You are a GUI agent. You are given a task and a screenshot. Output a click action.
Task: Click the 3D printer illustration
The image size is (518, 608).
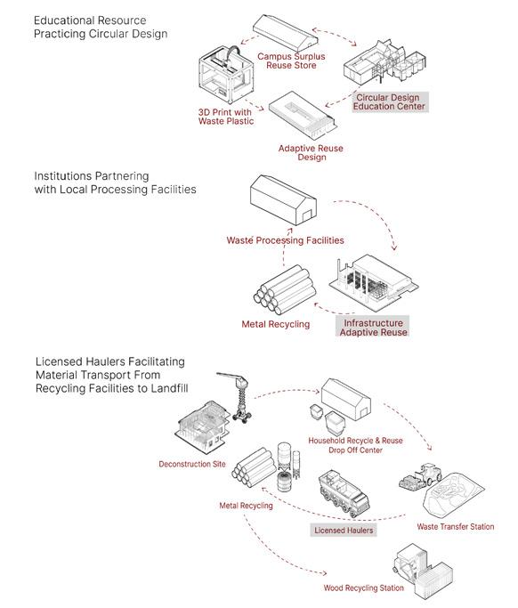pyautogui.click(x=226, y=76)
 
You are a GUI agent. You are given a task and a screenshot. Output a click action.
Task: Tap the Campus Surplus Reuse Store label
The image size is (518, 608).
pyautogui.click(x=291, y=61)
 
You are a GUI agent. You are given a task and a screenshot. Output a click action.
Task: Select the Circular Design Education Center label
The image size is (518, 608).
pyautogui.click(x=389, y=102)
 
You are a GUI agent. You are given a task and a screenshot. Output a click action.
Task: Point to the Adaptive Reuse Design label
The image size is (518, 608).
pyautogui.click(x=311, y=153)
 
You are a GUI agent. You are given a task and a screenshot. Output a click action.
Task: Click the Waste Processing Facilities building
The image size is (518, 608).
pyautogui.click(x=283, y=200)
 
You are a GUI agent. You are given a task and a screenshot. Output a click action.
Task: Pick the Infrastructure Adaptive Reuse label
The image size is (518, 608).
pyautogui.click(x=373, y=328)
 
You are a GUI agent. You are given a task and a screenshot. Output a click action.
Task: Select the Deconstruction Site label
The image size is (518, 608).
pyautogui.click(x=192, y=464)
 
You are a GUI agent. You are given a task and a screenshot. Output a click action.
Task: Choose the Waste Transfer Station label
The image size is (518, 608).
pyautogui.click(x=456, y=527)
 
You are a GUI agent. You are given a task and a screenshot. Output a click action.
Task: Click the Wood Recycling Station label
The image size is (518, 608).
pyautogui.click(x=364, y=588)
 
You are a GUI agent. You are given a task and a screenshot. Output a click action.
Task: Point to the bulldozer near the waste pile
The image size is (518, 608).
pyautogui.click(x=421, y=476)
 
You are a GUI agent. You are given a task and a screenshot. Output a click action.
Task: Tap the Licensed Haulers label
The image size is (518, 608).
pyautogui.click(x=344, y=530)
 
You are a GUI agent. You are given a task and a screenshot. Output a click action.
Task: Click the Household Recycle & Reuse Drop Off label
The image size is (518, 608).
pyautogui.click(x=355, y=445)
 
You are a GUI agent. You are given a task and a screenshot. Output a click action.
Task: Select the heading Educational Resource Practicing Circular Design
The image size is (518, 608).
pyautogui.click(x=101, y=27)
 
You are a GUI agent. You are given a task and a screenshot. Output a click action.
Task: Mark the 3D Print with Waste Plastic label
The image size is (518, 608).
pyautogui.click(x=226, y=117)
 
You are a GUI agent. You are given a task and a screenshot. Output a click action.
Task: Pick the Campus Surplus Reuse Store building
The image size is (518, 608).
pyautogui.click(x=286, y=31)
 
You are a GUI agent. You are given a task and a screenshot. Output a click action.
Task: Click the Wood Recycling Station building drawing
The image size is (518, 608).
pyautogui.click(x=424, y=572)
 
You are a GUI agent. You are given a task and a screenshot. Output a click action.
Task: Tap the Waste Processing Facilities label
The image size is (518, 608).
pyautogui.click(x=286, y=240)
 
